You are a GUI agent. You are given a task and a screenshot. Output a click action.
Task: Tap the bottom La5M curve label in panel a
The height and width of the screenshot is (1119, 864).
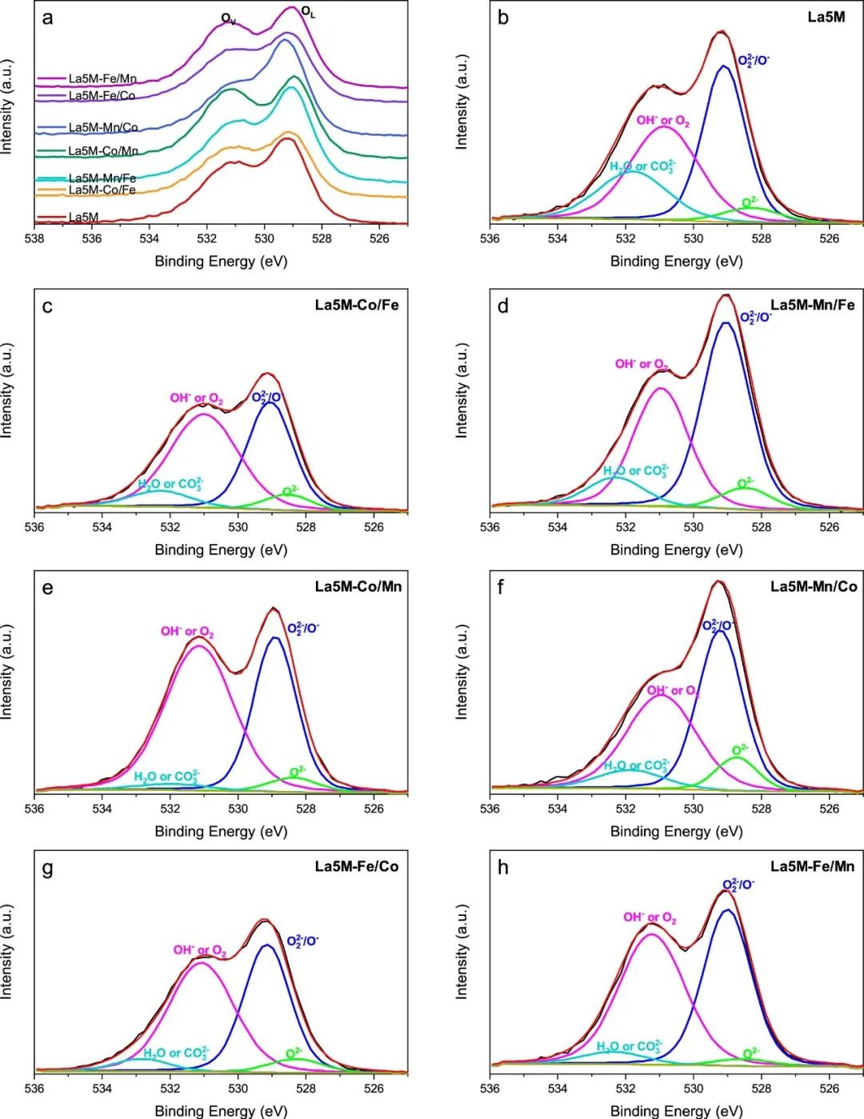click(83, 218)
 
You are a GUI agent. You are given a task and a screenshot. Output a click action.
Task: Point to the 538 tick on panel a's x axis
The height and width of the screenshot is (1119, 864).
click(34, 238)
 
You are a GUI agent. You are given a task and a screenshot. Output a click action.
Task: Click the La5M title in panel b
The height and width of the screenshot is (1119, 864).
click(826, 17)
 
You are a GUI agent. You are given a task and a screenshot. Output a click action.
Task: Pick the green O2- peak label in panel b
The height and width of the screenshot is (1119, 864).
click(750, 203)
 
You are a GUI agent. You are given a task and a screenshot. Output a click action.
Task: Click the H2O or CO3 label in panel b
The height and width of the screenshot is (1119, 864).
click(642, 167)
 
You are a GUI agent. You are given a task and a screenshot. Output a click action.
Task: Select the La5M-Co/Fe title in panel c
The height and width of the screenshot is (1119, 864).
click(357, 305)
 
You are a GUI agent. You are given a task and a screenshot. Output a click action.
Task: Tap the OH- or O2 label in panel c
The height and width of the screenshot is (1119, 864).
click(196, 398)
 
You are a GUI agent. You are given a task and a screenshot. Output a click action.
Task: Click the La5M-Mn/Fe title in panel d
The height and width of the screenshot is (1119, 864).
click(813, 305)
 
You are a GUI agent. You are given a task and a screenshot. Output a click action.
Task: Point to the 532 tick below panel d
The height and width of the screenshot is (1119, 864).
click(626, 527)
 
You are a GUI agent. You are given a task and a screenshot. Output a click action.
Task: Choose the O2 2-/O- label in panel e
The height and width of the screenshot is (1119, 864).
click(302, 629)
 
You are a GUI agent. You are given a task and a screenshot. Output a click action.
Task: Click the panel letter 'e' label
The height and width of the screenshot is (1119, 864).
click(48, 588)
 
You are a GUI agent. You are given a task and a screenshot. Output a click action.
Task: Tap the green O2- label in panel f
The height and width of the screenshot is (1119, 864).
click(740, 751)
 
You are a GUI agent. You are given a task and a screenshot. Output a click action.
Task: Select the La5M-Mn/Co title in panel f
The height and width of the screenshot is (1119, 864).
click(814, 586)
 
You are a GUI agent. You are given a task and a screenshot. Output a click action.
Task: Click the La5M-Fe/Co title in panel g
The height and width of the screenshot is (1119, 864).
click(357, 866)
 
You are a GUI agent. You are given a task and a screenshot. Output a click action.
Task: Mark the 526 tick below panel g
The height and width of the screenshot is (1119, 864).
click(374, 1089)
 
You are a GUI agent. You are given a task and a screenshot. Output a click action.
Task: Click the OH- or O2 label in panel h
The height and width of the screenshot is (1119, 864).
click(650, 918)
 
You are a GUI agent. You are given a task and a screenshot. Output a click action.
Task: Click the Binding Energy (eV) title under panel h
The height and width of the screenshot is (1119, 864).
click(676, 1110)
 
